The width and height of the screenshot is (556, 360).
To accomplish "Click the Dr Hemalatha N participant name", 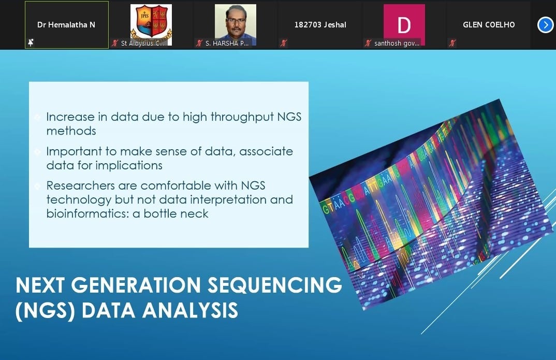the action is pos(66,24).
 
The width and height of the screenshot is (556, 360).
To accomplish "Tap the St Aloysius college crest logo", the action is pos(151,23).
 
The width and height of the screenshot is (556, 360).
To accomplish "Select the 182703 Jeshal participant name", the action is pos(320,25).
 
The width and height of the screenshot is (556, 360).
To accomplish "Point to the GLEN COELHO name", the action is pos(489,25).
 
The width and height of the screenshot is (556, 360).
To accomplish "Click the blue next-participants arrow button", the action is pos(545,25).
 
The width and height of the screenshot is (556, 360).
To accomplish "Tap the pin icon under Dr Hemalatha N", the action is pos(31,43).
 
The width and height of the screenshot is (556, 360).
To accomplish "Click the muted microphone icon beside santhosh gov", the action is pos(368,44).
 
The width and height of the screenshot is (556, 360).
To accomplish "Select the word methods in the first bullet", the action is pos(71,131).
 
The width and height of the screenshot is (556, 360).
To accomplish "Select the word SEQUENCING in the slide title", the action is pos(275,285).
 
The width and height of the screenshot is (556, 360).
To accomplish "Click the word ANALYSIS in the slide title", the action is pos(190,310).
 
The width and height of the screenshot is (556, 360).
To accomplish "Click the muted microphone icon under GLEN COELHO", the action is pos(452,44).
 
